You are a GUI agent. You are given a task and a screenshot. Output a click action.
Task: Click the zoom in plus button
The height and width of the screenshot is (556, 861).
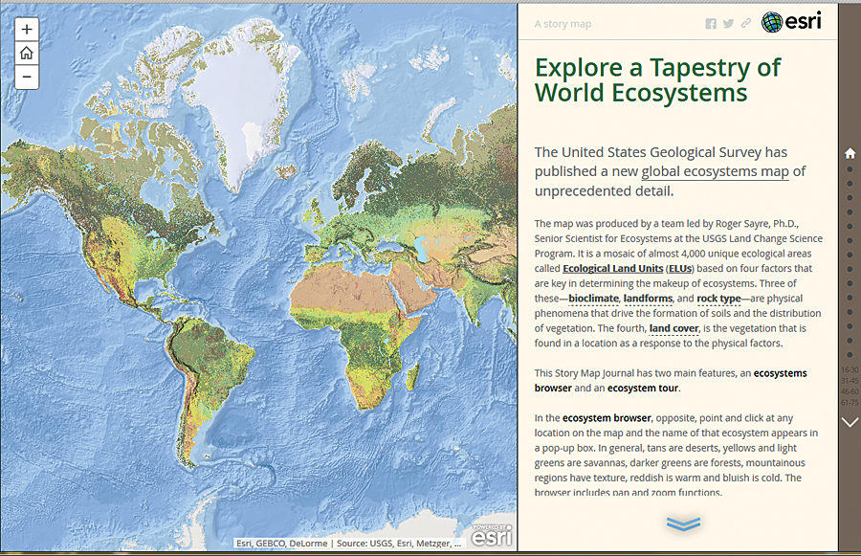(x=27, y=30)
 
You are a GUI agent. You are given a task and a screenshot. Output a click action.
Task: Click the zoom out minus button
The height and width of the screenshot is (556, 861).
(x=27, y=77)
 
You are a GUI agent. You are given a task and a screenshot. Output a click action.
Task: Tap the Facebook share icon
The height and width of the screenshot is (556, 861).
(x=711, y=24)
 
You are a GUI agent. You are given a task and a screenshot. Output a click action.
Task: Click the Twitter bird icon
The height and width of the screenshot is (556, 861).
(x=728, y=24)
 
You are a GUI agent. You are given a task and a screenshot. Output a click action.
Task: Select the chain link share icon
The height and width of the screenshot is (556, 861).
(x=746, y=24)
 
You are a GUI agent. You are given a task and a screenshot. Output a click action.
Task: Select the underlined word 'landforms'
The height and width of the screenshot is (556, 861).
(x=649, y=299)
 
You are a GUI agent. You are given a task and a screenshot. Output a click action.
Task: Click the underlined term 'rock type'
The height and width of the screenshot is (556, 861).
(x=718, y=299)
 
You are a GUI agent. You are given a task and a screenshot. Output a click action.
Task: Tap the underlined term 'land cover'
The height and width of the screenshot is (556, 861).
(x=673, y=328)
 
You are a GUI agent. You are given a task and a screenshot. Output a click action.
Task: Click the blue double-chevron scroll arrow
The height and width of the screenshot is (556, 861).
(x=683, y=523)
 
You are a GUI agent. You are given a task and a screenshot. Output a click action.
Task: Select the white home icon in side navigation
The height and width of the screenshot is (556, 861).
(x=850, y=153)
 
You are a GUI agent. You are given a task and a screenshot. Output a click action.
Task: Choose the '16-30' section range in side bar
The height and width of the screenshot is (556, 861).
(x=850, y=369)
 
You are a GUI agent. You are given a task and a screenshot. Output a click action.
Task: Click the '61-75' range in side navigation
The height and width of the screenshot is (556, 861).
(x=850, y=403)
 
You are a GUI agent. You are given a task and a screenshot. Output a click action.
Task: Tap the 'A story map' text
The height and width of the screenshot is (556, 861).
(x=563, y=24)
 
